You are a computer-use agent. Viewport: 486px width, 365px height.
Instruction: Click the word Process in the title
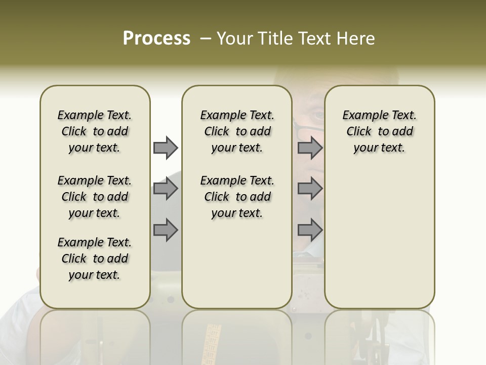point(156,39)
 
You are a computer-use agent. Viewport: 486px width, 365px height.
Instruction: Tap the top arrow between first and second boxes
point(166,148)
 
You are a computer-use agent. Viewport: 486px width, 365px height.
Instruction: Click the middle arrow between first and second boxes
point(166,189)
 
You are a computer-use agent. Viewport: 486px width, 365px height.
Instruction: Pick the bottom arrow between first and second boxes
point(166,230)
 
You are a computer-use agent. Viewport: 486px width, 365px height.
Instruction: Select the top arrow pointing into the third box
point(310,148)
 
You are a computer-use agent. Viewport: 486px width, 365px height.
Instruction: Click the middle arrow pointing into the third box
point(310,189)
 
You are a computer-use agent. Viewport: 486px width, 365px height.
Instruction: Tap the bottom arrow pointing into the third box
point(310,230)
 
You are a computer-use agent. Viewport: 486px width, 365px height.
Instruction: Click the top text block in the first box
point(95,131)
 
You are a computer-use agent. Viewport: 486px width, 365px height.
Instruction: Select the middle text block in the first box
point(95,197)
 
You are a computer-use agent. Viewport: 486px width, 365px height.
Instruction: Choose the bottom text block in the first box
point(95,259)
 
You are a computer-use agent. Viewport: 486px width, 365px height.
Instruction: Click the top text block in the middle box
point(237,131)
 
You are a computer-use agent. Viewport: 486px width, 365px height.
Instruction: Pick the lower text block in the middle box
point(237,197)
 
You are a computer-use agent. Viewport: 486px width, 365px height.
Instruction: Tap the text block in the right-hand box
point(380,131)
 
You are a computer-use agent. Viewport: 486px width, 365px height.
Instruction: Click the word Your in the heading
point(234,39)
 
